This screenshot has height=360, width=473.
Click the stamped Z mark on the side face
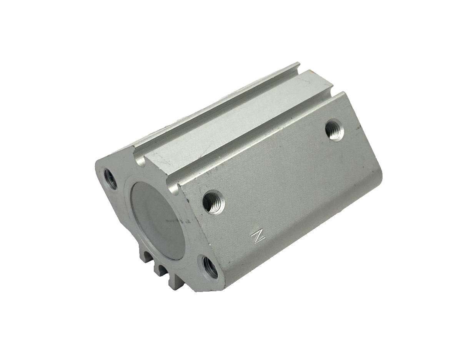point(258,237)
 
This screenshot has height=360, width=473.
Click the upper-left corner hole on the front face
point(110,178)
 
